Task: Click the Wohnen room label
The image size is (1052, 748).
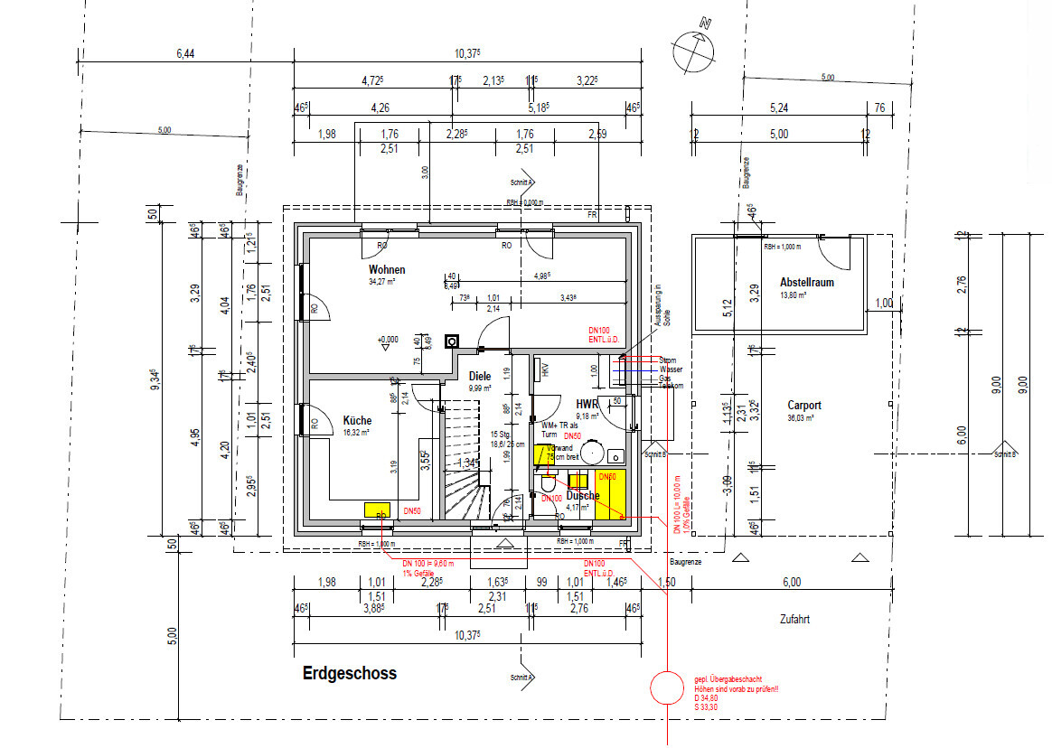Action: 386,269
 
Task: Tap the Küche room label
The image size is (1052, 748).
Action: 357,420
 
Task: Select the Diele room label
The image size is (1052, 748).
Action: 479,376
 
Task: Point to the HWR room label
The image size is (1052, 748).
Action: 588,403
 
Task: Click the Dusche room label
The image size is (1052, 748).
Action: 583,495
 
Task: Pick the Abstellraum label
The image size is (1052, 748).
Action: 806,282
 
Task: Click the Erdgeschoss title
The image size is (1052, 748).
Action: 349,674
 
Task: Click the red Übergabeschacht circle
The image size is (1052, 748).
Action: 668,688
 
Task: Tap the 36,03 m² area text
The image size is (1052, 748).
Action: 802,418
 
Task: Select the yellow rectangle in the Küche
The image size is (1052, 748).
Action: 377,509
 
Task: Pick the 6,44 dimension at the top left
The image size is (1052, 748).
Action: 184,54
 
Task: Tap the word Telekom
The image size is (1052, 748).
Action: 671,386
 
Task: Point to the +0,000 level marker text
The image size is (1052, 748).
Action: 388,339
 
